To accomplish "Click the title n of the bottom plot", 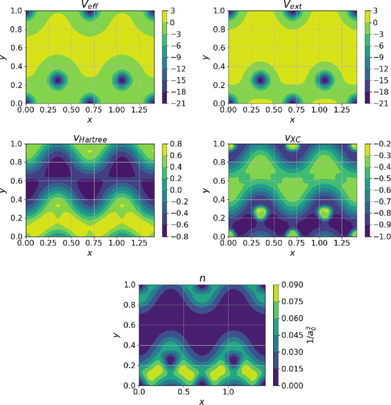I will point(202,278).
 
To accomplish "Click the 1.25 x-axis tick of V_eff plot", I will point(134,111).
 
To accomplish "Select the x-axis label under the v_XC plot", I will point(292,253).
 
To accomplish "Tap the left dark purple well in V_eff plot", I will point(57,80).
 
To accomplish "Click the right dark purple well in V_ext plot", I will point(324,80).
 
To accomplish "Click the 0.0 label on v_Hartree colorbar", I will point(177,190).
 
